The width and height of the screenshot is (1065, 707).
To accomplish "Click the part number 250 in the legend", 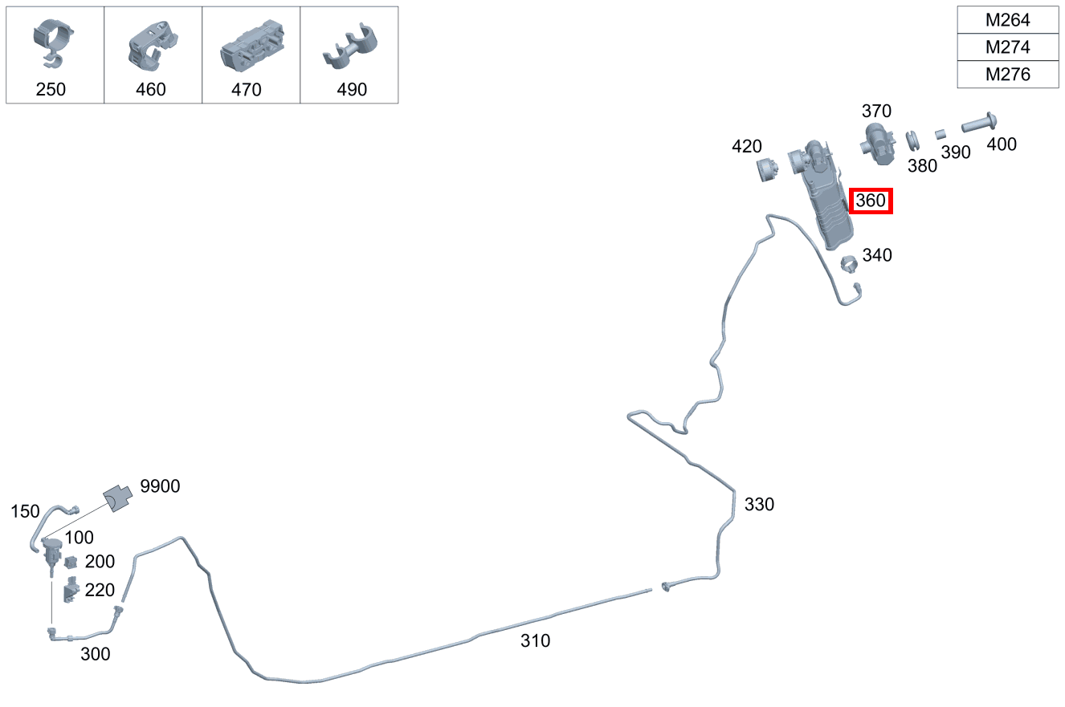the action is [51, 89].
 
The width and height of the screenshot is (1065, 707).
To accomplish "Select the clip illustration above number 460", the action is [153, 46].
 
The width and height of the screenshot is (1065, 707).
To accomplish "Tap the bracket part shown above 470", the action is [252, 46].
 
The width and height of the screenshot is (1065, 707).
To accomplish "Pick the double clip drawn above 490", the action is [350, 47].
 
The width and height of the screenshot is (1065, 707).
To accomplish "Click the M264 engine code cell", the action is [1007, 20].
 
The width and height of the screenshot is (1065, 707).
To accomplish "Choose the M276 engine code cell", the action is [1007, 74].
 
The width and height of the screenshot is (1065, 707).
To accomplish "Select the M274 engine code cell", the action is [1007, 47].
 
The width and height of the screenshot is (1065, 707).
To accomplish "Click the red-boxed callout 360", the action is [871, 201].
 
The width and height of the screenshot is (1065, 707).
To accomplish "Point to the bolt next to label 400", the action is [979, 123].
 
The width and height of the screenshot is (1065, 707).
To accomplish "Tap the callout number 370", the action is [876, 112].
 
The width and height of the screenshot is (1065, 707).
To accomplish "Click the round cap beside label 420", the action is [767, 169].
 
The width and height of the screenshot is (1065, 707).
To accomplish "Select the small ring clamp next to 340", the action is [849, 264].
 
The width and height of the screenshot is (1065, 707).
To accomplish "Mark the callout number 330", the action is [759, 505].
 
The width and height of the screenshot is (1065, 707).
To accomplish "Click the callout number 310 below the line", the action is [536, 641].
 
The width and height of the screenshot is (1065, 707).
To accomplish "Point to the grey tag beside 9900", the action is [118, 498].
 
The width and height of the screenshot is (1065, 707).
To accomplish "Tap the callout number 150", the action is [25, 512].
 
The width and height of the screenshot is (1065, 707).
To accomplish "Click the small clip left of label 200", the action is [71, 562].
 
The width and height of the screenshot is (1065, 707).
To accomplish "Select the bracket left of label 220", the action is [71, 590].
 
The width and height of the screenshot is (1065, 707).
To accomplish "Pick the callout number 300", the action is [95, 654].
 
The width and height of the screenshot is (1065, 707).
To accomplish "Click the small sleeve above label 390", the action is [941, 135].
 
